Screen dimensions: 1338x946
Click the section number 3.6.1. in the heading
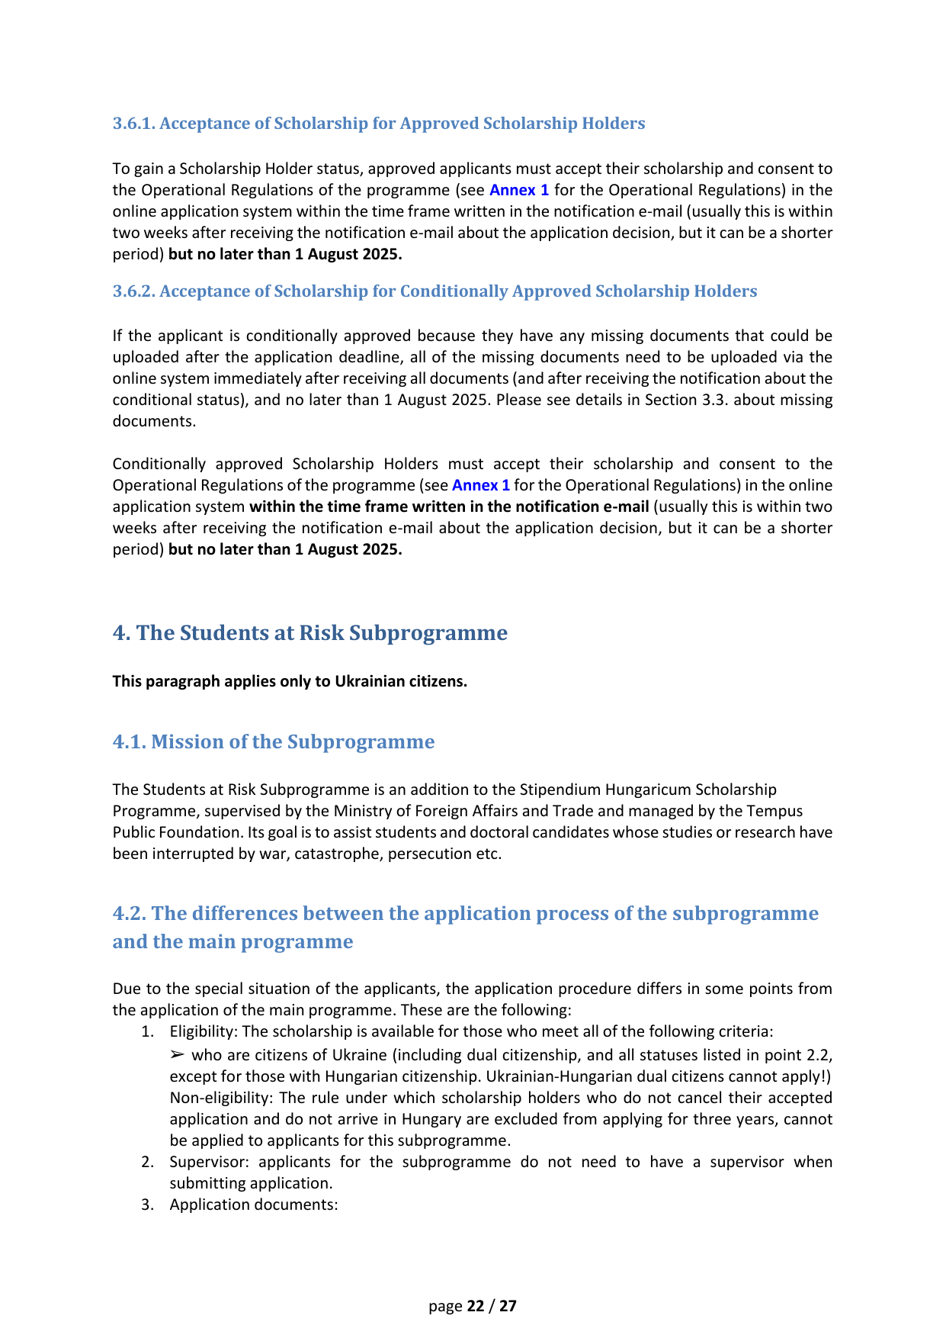click(x=134, y=124)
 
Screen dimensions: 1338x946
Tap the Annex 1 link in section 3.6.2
click(x=481, y=485)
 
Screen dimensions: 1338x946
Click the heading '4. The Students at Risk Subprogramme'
click(x=309, y=633)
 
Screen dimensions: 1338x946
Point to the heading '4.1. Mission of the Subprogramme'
click(x=274, y=742)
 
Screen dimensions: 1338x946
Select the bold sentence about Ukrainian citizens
click(x=290, y=681)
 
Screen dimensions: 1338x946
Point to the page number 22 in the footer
click(x=476, y=1306)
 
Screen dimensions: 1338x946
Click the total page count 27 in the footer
click(x=508, y=1306)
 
